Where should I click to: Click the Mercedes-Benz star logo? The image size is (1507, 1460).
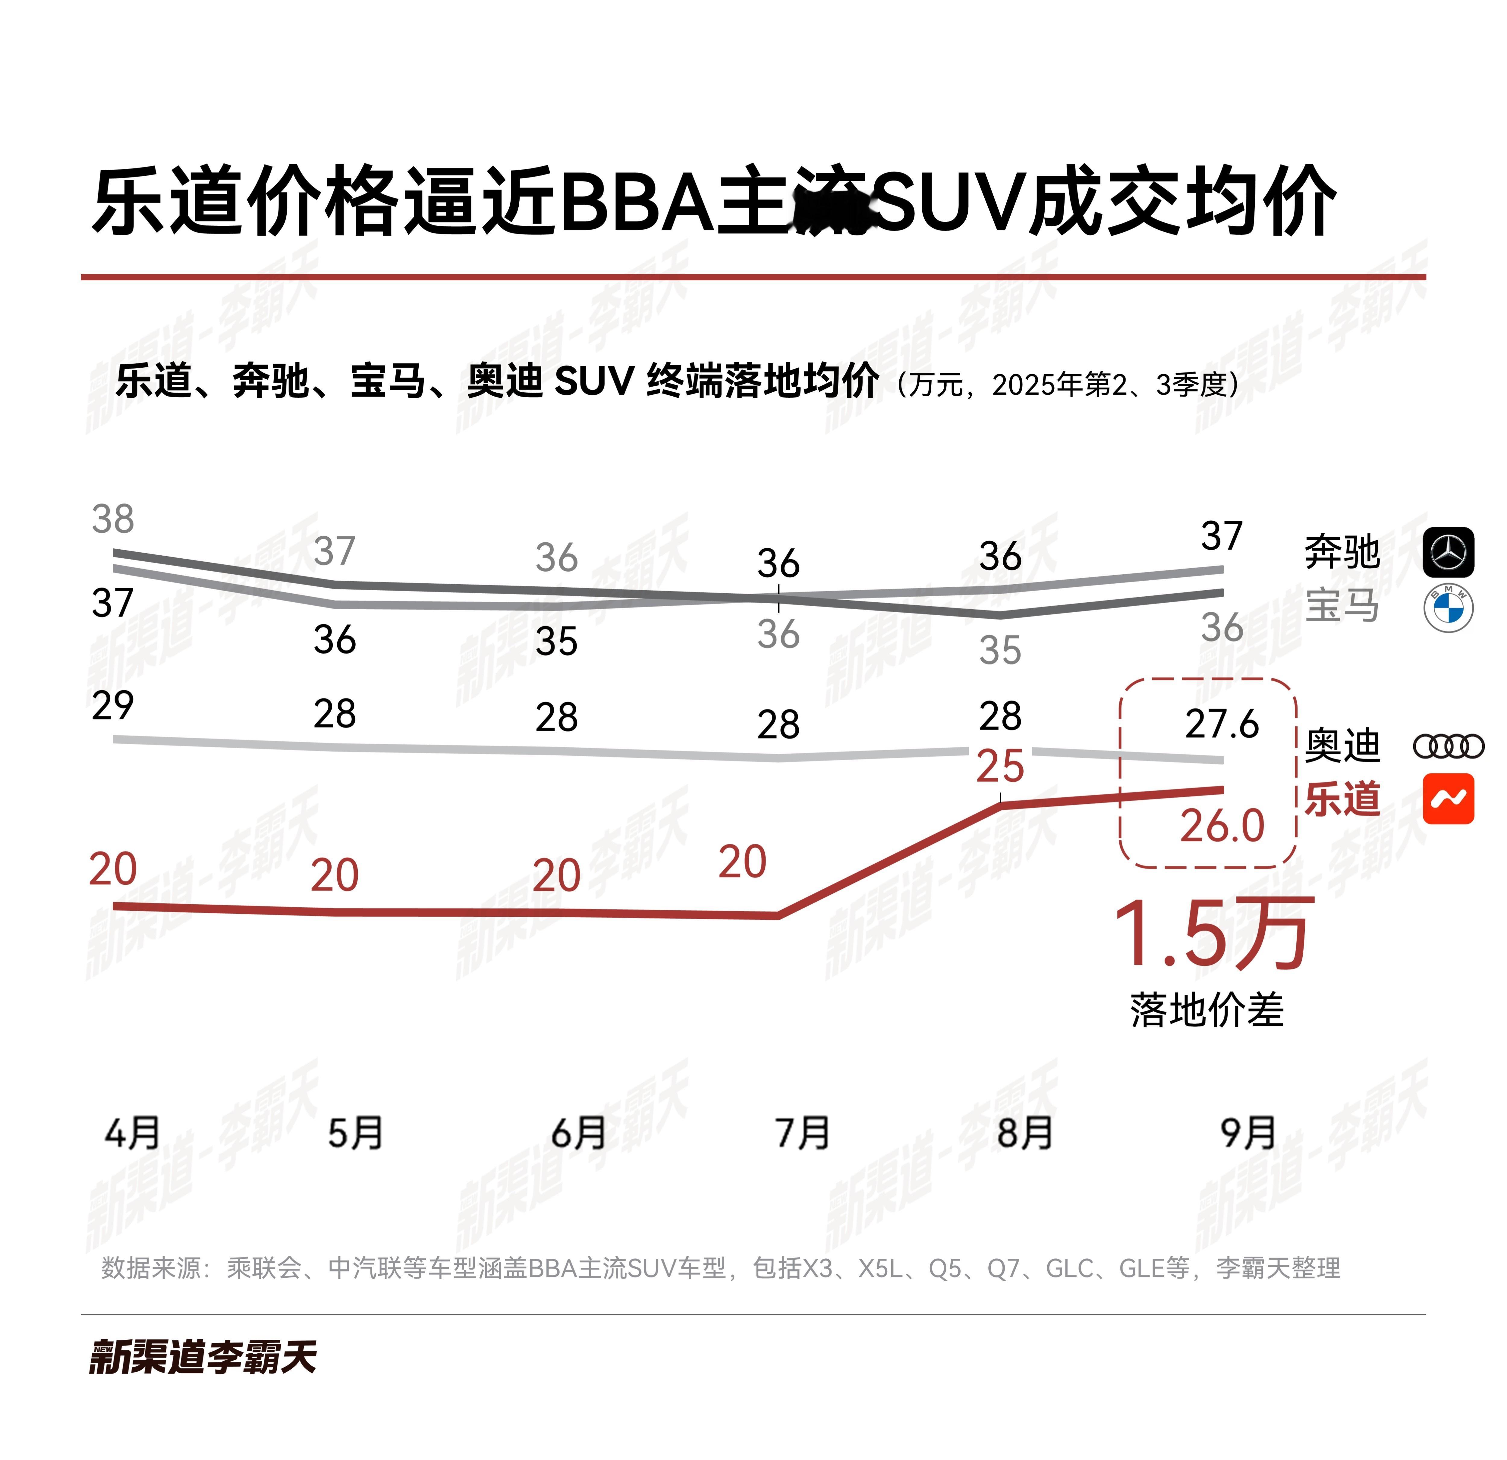[x=1448, y=552]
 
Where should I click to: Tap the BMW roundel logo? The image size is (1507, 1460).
[x=1448, y=608]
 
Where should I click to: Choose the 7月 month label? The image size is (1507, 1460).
[x=802, y=1133]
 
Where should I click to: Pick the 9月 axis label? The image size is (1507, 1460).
[x=1248, y=1133]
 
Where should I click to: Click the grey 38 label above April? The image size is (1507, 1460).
[x=113, y=520]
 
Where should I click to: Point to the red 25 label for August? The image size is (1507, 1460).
[x=999, y=767]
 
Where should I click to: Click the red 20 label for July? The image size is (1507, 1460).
[x=742, y=862]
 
